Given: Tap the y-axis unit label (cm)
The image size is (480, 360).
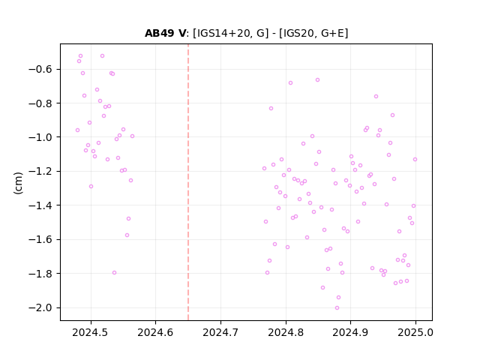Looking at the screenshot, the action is (18, 183).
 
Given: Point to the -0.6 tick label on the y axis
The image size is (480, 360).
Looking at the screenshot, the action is (40, 69).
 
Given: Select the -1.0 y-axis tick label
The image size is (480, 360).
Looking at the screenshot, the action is (40, 137).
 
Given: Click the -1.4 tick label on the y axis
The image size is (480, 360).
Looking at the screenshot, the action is (40, 205).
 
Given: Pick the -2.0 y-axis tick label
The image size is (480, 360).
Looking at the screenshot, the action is (40, 307).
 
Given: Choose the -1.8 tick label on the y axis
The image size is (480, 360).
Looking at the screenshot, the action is (40, 273).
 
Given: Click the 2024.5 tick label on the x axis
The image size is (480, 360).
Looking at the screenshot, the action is (90, 332).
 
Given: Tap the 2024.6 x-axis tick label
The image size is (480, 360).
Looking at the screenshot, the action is (155, 332).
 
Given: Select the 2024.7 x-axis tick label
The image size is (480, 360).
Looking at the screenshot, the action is (220, 332).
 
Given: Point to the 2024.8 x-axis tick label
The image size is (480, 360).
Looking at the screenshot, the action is (286, 332).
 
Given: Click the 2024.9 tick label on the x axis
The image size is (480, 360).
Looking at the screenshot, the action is (350, 332).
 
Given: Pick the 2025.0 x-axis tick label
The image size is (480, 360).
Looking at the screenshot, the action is (415, 332).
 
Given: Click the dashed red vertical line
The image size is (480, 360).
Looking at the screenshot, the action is (188, 182).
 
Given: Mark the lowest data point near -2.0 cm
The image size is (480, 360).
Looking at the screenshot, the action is (337, 308).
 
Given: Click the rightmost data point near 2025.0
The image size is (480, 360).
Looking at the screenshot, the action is (415, 160).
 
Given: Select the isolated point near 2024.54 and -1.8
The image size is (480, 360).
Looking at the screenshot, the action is (114, 273).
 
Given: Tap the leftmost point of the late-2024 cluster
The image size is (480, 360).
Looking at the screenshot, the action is (264, 168).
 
